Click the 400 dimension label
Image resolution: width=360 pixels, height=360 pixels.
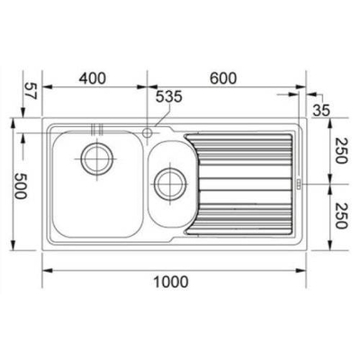93,78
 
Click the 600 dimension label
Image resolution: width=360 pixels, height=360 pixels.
223,78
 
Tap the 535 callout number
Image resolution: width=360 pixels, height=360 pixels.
169,97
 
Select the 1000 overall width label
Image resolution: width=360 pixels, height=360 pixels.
171,282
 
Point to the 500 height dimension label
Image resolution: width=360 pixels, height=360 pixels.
21,185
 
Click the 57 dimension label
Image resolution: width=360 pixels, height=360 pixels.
30,91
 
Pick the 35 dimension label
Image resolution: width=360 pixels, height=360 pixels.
321,110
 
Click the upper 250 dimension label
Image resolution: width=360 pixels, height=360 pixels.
341,150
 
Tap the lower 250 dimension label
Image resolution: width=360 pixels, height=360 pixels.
341,216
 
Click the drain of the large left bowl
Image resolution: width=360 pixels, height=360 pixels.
97,158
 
